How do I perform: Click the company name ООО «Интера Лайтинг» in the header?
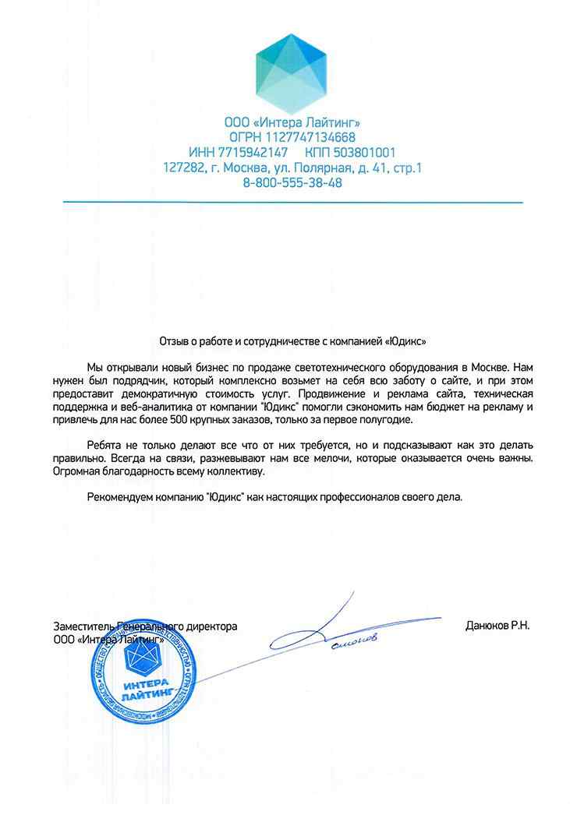click(292, 122)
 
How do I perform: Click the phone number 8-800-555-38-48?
click(292, 183)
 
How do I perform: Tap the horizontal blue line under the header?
click(292, 203)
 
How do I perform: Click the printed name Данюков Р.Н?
click(496, 626)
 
